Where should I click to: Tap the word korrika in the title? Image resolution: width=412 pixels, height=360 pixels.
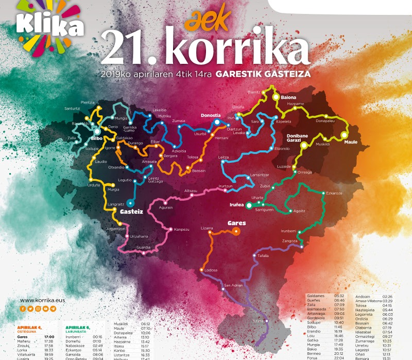240,49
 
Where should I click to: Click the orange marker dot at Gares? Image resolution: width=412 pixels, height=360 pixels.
236,231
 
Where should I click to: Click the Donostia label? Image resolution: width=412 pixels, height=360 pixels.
210,115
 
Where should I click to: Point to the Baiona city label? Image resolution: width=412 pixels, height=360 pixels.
290,96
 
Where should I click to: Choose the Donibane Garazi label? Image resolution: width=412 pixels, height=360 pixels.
297,138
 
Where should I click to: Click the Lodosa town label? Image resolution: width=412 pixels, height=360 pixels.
211,270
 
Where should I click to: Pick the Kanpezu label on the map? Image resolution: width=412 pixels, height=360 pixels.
182,229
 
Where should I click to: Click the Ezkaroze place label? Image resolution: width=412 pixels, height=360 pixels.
334,193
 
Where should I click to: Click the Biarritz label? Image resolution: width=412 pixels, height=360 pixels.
254,92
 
